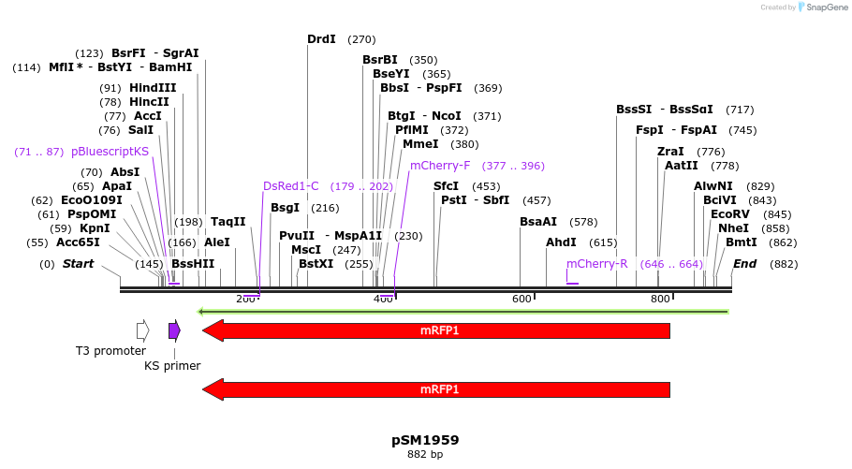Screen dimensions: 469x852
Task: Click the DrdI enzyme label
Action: pos(321,39)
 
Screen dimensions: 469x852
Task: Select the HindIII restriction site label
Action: pos(153,88)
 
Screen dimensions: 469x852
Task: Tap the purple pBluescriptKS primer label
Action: pos(110,152)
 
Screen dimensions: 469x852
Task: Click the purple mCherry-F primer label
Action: pos(440,166)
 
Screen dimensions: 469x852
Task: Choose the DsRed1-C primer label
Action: pos(291,186)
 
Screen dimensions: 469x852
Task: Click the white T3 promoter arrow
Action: pos(142,330)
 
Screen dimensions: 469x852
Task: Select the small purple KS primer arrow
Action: pos(174,330)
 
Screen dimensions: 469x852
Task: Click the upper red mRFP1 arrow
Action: pos(436,330)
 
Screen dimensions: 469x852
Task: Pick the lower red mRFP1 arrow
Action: pos(436,389)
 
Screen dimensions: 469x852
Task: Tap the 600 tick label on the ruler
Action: pos(521,299)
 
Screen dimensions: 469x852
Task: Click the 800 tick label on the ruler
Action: pos(660,299)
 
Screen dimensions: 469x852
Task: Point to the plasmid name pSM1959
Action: pos(425,440)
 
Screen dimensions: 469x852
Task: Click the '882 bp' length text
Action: pos(425,455)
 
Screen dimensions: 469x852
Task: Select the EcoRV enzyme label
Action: pos(730,214)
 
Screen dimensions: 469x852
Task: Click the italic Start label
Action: pos(78,264)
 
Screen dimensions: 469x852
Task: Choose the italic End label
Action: pos(744,264)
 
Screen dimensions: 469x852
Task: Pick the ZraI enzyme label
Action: pos(670,152)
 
